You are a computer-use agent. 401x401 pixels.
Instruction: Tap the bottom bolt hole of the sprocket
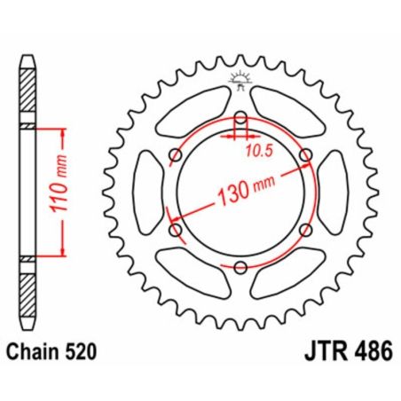coord(241,267)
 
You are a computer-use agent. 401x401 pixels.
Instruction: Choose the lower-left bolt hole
coord(177,231)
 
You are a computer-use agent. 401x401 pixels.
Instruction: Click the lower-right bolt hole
coord(306,231)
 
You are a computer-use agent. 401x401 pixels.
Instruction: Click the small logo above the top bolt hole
coord(241,79)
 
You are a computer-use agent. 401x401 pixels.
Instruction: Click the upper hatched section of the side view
coord(27,93)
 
